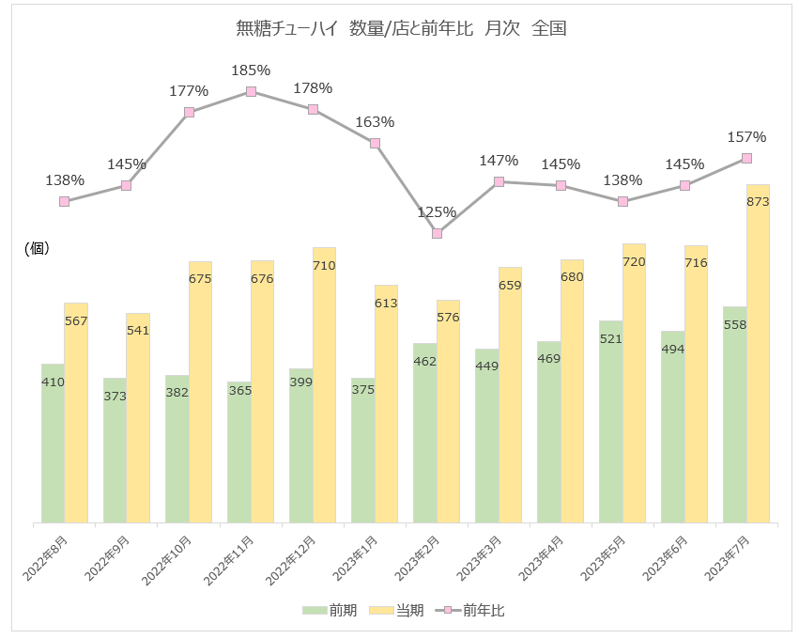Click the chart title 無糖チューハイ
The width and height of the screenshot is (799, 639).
tap(401, 29)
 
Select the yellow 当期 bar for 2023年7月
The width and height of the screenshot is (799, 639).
tap(758, 357)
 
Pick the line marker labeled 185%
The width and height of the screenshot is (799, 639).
tap(252, 91)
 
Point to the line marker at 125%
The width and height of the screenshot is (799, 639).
tap(438, 233)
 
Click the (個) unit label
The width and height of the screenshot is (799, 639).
tap(36, 248)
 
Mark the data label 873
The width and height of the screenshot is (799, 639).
tap(758, 202)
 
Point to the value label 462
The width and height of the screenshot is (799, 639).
tap(425, 360)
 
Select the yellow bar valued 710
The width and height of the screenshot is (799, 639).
tap(324, 385)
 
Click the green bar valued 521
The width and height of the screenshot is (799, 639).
tap(611, 423)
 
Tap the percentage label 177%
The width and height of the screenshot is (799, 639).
tap(189, 91)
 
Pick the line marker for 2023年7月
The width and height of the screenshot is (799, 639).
tap(747, 158)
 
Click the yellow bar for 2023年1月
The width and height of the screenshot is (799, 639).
tap(386, 404)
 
